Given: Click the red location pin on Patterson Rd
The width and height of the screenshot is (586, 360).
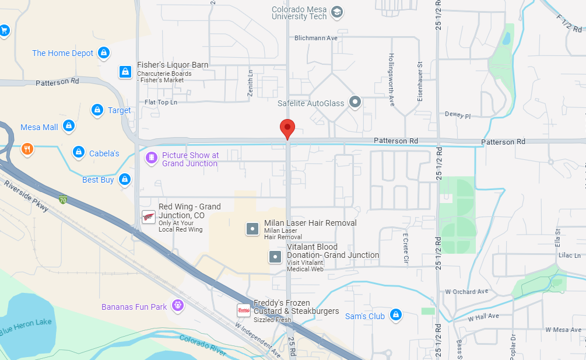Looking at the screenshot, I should click(287, 128).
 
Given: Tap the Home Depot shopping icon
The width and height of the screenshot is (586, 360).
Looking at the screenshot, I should click(103, 53).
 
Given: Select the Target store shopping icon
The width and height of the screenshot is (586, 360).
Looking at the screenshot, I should click(97, 110).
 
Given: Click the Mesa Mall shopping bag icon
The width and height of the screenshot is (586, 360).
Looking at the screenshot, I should click(68, 127).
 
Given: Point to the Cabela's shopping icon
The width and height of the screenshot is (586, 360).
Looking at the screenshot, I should click(78, 153).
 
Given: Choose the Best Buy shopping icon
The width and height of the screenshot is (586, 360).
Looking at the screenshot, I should click(124, 180).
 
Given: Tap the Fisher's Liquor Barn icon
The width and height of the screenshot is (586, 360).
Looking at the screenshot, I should click(125, 72).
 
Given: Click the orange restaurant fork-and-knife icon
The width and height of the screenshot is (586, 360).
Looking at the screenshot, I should click(27, 149).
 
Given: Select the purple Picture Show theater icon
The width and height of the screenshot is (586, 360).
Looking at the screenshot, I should click(151, 158).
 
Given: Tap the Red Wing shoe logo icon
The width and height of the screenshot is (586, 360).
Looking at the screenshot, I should click(149, 217).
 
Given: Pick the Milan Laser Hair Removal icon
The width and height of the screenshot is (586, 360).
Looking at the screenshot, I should click(252, 229).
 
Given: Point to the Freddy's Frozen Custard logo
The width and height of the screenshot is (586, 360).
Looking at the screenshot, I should click(243, 310).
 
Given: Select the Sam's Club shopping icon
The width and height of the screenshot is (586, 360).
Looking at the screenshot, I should click(396, 315).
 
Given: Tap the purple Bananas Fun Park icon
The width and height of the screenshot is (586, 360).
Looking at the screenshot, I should click(178, 305).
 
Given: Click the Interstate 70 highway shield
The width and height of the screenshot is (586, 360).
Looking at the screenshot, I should click(62, 200).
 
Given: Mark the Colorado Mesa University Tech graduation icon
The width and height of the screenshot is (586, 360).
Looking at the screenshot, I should click(337, 11).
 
